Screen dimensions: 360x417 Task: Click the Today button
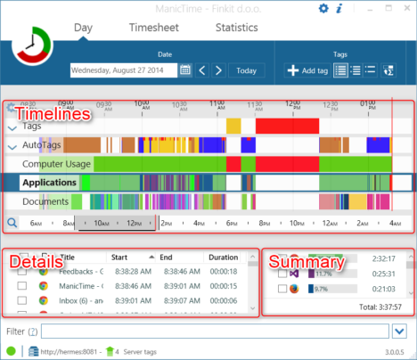pyautogui.click(x=246, y=70)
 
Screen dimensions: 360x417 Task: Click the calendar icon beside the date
pyautogui.click(x=185, y=70)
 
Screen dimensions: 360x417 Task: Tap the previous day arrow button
pyautogui.click(x=203, y=70)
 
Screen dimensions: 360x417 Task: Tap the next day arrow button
pyautogui.click(x=219, y=70)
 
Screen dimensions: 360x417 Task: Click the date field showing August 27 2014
pyautogui.click(x=123, y=70)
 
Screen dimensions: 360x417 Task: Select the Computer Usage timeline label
pyautogui.click(x=56, y=164)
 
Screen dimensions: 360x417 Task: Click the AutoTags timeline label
pyautogui.click(x=43, y=144)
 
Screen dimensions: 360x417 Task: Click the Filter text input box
pyautogui.click(x=214, y=331)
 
